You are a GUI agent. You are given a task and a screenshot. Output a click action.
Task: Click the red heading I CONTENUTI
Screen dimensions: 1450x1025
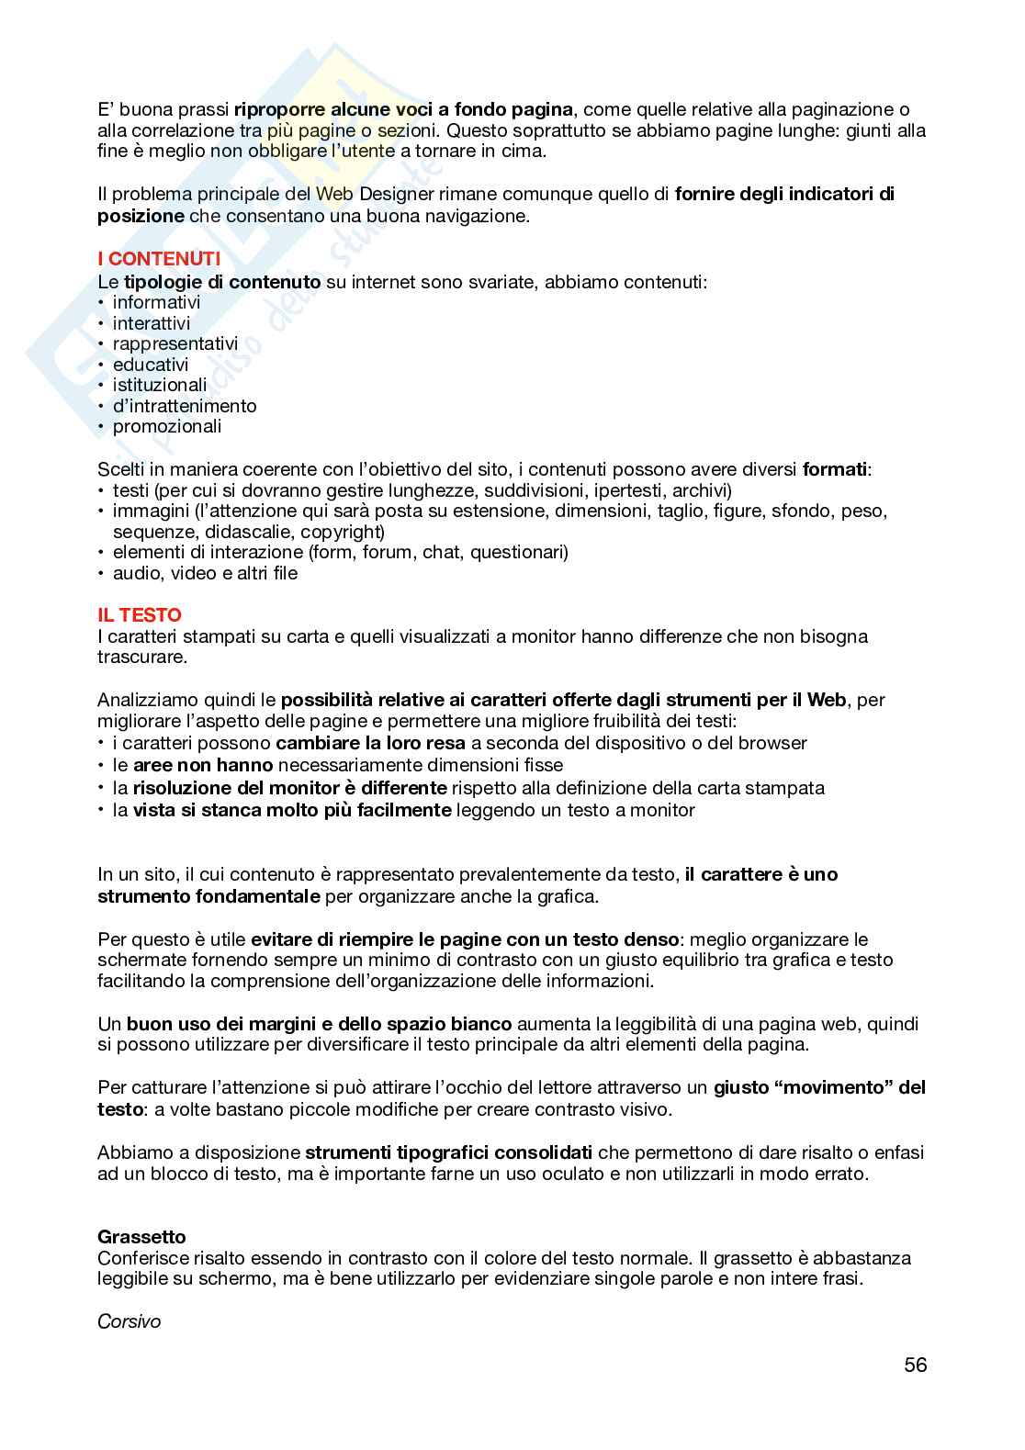point(159,260)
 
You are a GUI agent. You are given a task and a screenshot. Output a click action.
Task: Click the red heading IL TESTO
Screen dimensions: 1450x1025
point(140,615)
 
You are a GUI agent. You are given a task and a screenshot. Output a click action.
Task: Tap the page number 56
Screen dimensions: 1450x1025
point(915,1365)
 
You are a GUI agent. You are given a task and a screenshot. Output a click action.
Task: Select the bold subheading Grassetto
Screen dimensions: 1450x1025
point(141,1237)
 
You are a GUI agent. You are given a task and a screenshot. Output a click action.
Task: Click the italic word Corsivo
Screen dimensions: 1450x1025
point(129,1321)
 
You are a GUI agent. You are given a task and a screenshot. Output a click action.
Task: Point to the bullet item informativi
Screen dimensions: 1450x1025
point(156,302)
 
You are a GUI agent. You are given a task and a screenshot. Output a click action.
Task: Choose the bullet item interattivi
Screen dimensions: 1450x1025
point(152,323)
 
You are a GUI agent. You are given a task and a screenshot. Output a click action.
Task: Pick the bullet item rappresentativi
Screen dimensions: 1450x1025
point(175,343)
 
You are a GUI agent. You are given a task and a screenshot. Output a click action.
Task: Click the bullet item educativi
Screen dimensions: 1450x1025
point(151,365)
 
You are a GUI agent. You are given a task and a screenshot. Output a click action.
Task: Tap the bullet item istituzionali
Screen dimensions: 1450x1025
point(160,385)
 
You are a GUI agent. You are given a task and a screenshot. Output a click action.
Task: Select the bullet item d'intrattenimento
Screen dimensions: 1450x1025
point(185,406)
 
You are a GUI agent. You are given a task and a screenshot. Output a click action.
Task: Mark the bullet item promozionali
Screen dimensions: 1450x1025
point(167,426)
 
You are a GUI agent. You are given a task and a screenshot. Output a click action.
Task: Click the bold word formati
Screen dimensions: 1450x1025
point(834,469)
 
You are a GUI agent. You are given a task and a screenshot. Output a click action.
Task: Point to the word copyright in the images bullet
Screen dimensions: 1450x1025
point(340,532)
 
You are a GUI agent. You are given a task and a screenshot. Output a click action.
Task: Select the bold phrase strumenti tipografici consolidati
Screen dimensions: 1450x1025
point(448,1152)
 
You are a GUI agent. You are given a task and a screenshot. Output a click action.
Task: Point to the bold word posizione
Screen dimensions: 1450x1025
point(141,217)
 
